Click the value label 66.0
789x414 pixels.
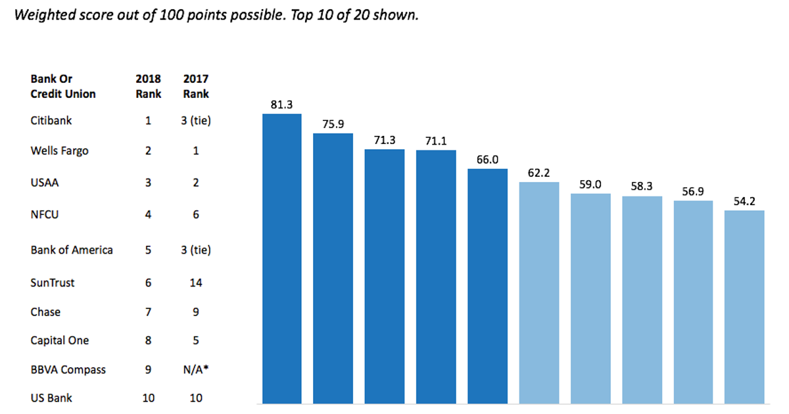(x=487, y=159)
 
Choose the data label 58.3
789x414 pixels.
(x=642, y=186)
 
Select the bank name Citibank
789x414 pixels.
(x=51, y=121)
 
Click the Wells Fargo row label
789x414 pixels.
(x=59, y=150)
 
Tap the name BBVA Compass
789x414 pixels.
(x=68, y=369)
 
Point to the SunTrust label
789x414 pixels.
(x=53, y=283)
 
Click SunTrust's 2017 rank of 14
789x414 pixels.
(x=195, y=283)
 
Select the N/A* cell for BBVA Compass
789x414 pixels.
(x=196, y=369)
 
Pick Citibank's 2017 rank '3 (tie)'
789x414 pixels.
(x=196, y=121)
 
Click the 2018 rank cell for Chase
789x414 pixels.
(x=148, y=311)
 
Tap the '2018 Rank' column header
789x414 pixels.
(x=148, y=86)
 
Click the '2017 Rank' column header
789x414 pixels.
(x=196, y=86)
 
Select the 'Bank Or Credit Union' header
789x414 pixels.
(x=62, y=86)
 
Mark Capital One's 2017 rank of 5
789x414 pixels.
(x=196, y=340)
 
